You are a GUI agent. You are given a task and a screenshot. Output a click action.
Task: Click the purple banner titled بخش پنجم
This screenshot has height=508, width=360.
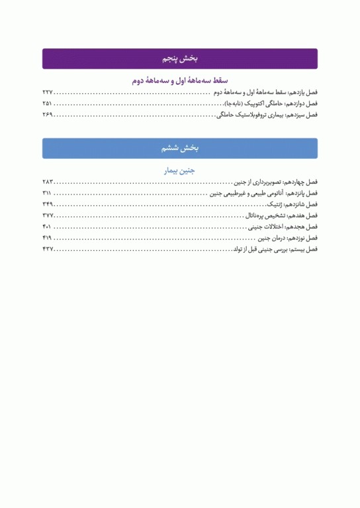click(179, 59)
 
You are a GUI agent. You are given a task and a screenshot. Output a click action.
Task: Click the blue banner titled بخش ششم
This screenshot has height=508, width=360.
click(179, 149)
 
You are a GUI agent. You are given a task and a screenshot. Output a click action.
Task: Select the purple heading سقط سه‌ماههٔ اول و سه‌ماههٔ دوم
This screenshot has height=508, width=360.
click(180, 81)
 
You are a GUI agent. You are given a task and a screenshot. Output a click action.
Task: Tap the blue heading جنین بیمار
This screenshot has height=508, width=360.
click(180, 171)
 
